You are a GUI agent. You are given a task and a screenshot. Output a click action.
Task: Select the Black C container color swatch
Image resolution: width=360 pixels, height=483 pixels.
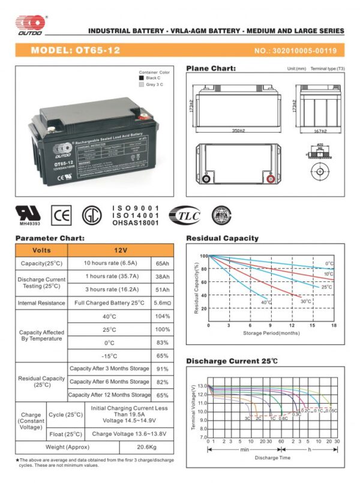[x=141, y=78]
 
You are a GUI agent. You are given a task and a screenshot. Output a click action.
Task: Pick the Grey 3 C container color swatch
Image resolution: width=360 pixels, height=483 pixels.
[x=141, y=85]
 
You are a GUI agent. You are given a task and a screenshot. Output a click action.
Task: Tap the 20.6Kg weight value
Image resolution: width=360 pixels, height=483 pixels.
[x=146, y=448]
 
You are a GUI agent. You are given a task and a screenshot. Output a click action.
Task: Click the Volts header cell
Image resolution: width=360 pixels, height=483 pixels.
[x=41, y=250]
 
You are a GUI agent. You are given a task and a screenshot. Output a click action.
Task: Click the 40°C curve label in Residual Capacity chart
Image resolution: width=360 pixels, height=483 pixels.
[x=266, y=302]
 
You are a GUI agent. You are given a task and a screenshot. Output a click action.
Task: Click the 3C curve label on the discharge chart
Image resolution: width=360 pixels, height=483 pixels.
[x=247, y=418]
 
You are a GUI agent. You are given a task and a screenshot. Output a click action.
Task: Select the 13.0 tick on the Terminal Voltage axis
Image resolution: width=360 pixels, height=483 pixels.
[x=202, y=386]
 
